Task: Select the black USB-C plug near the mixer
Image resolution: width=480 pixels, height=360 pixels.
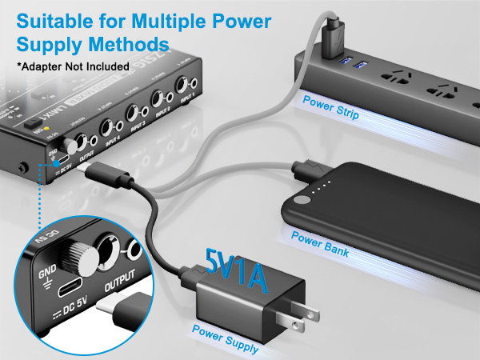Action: [x=105, y=170]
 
